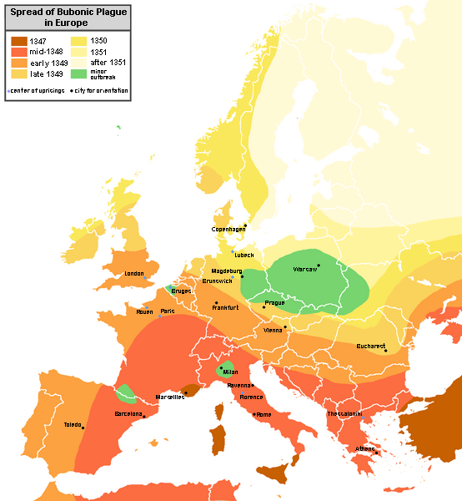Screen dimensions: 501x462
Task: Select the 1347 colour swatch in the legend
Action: click(18, 40)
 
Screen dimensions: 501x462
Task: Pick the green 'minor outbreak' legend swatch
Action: click(78, 73)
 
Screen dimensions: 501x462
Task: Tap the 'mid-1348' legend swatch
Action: click(18, 51)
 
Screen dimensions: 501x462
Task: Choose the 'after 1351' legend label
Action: click(108, 63)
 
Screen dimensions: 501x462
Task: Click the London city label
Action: click(133, 274)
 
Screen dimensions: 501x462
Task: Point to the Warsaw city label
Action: click(305, 270)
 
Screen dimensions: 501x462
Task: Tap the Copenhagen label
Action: click(228, 228)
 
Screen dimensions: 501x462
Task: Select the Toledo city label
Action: click(73, 425)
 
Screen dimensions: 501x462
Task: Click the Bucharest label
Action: click(368, 345)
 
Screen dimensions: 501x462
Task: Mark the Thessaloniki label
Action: click(343, 413)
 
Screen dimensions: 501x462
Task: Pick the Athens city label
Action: click(365, 448)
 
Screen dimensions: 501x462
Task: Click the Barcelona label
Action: click(128, 413)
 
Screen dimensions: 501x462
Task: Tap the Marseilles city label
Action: click(170, 397)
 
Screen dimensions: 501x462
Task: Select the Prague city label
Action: click(274, 303)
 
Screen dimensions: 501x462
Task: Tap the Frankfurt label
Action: click(225, 308)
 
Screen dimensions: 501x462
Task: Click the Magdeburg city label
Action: click(226, 271)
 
